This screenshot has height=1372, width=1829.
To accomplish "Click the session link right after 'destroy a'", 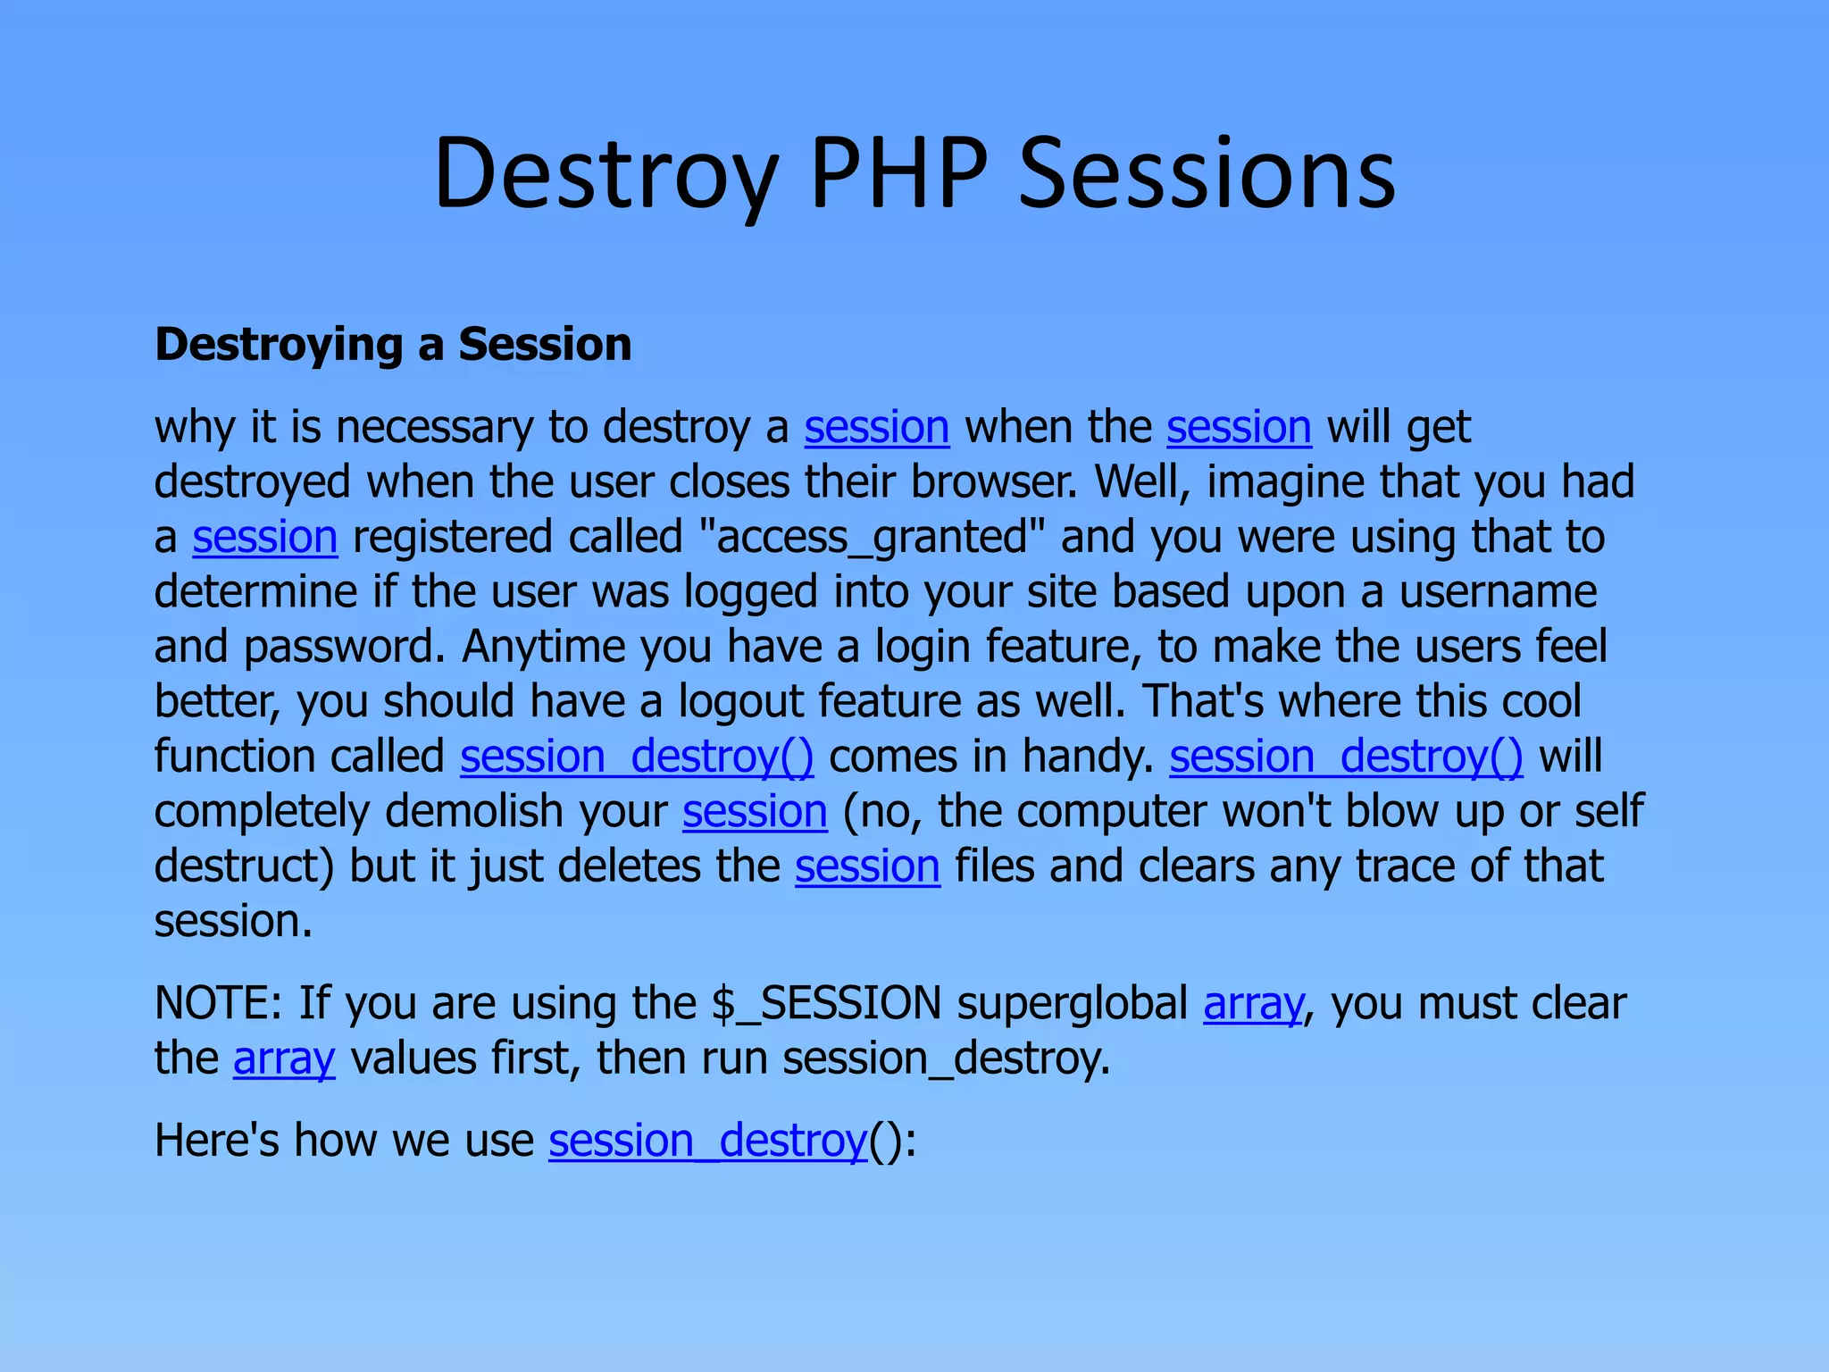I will click(876, 427).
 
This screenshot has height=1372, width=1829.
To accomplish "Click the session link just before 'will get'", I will click(1239, 427).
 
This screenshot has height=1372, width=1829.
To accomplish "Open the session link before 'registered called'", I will click(265, 537).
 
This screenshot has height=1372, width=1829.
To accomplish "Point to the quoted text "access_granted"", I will click(872, 537).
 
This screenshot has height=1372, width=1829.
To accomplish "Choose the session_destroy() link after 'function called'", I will click(637, 757).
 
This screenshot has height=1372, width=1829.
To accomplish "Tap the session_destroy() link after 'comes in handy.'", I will click(1346, 757).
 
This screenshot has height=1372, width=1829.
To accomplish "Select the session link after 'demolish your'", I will click(755, 812).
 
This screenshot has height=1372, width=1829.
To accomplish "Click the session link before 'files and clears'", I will click(867, 866).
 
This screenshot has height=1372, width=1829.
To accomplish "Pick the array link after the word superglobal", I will click(1253, 1003).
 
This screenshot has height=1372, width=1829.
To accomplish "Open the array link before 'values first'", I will click(284, 1058).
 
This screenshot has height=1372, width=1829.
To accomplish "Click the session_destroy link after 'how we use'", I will click(707, 1141).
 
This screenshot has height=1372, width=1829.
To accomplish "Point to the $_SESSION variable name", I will click(826, 1003).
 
